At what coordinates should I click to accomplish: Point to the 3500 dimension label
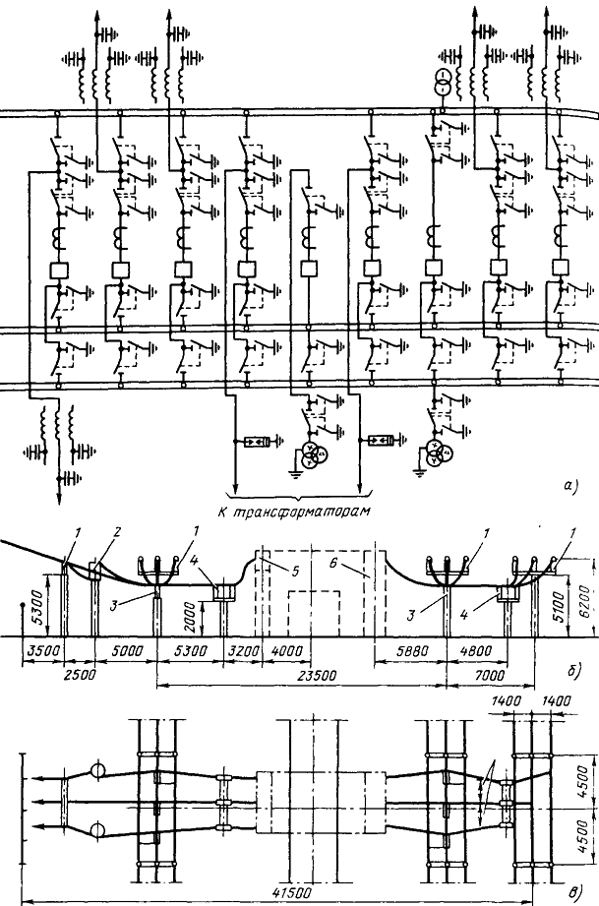point(42,650)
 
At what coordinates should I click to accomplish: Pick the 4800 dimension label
point(476,650)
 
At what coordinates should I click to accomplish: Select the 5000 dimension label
point(125,650)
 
